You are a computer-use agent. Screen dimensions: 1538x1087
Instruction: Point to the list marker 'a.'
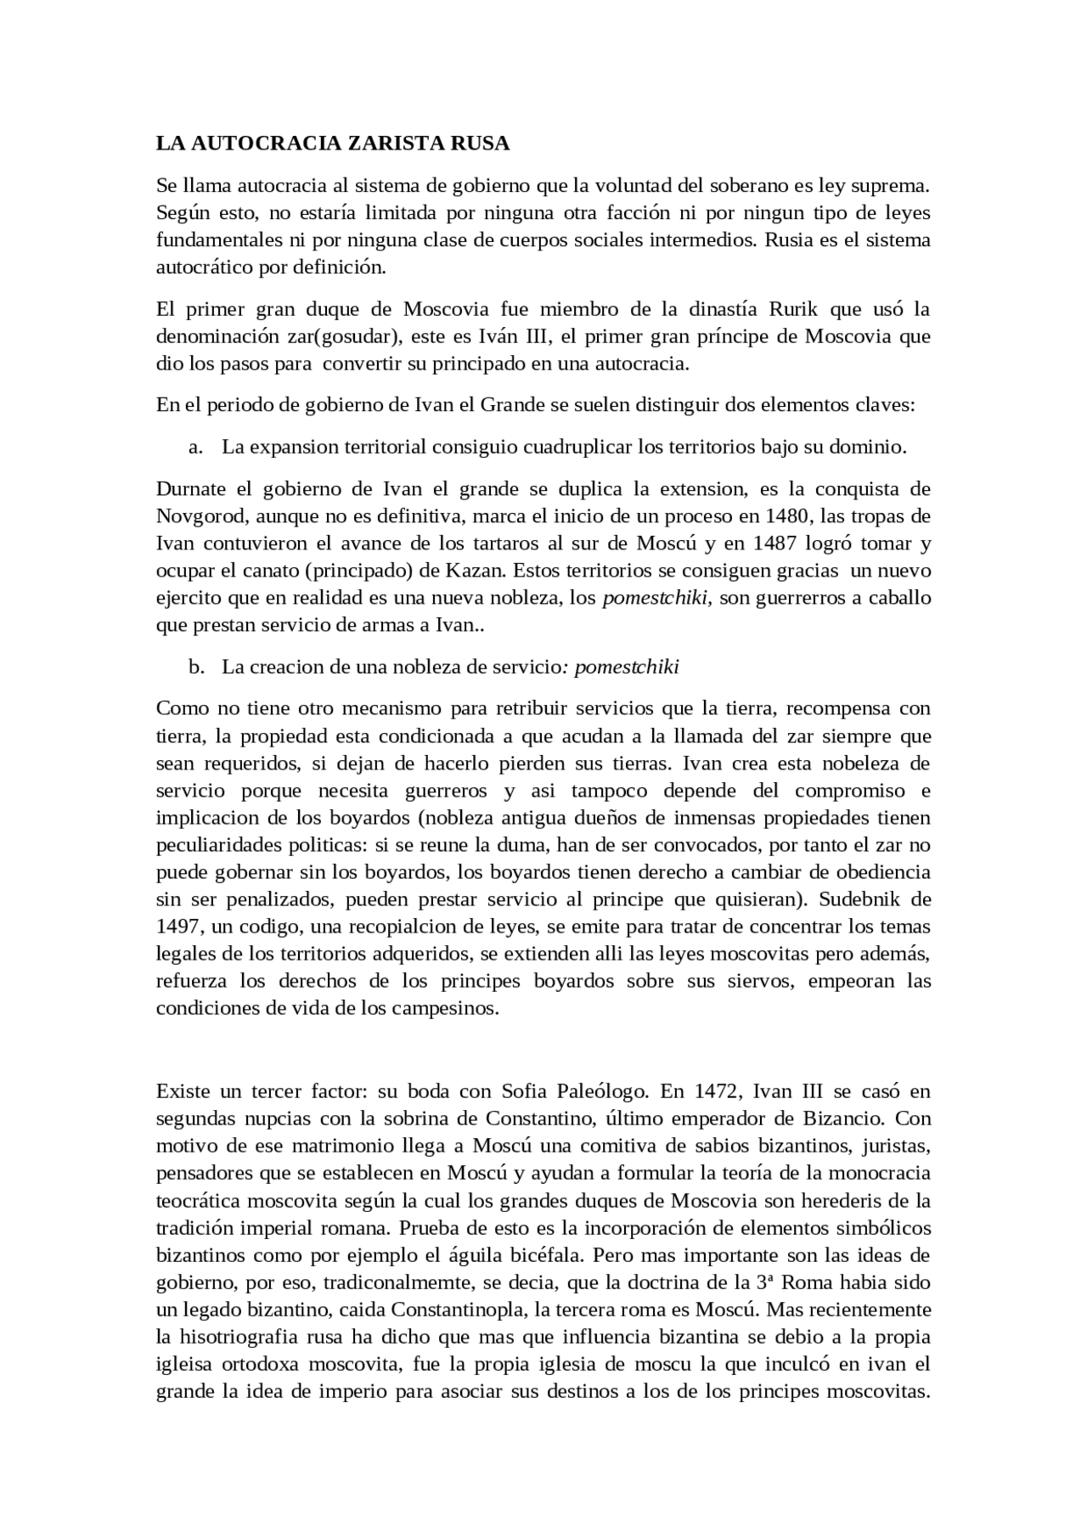click(x=196, y=447)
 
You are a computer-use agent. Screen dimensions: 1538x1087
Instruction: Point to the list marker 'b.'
click(x=196, y=667)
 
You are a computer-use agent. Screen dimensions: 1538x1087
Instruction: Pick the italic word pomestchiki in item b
click(x=627, y=667)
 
